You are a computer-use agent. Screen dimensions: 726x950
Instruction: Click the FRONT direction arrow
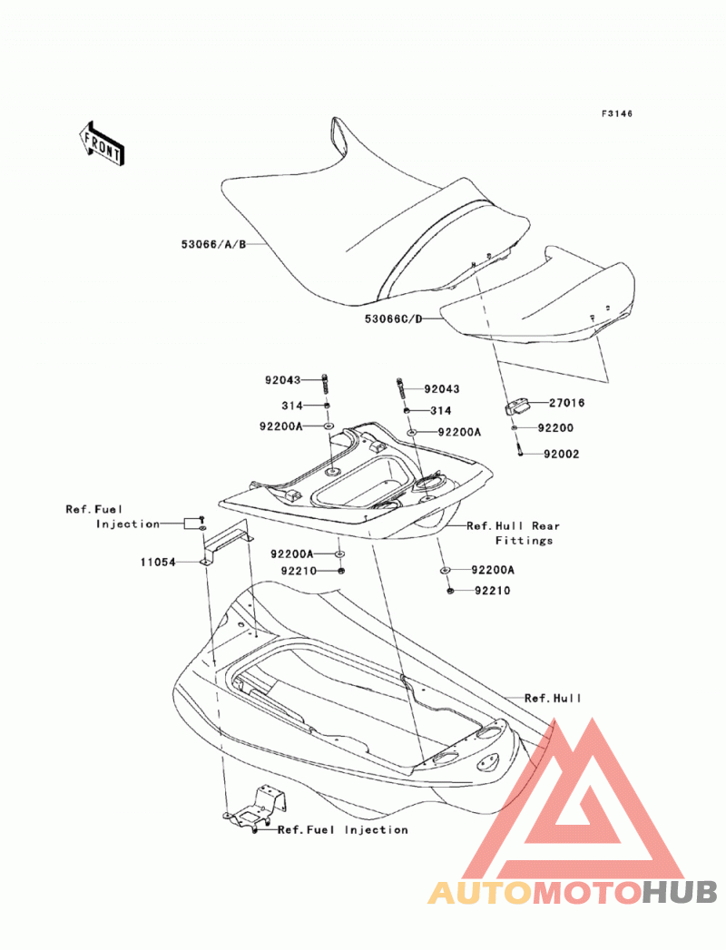point(102,143)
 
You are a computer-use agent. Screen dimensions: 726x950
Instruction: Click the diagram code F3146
point(617,113)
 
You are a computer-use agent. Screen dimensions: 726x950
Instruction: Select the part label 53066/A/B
point(214,245)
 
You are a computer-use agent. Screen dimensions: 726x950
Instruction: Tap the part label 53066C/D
point(393,318)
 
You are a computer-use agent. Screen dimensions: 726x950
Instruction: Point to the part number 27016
point(567,403)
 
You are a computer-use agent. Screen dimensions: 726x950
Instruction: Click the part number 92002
point(561,454)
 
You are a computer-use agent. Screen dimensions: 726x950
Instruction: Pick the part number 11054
point(158,563)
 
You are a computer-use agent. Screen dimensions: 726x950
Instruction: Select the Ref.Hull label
point(553,698)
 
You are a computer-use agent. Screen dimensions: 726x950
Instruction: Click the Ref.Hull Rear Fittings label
point(513,534)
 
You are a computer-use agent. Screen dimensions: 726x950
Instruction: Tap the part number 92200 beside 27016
point(555,427)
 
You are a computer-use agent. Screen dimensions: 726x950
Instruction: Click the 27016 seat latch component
point(515,406)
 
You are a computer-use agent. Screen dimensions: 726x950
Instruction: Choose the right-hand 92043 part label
point(442,389)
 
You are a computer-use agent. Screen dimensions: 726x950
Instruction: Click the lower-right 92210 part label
point(493,591)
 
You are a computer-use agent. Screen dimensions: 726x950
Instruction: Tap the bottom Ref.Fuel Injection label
point(343,830)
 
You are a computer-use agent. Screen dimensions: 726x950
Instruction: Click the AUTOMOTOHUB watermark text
point(573,892)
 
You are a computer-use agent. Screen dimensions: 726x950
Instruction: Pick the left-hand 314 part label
point(292,406)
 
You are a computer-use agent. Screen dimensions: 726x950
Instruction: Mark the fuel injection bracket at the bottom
point(255,808)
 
